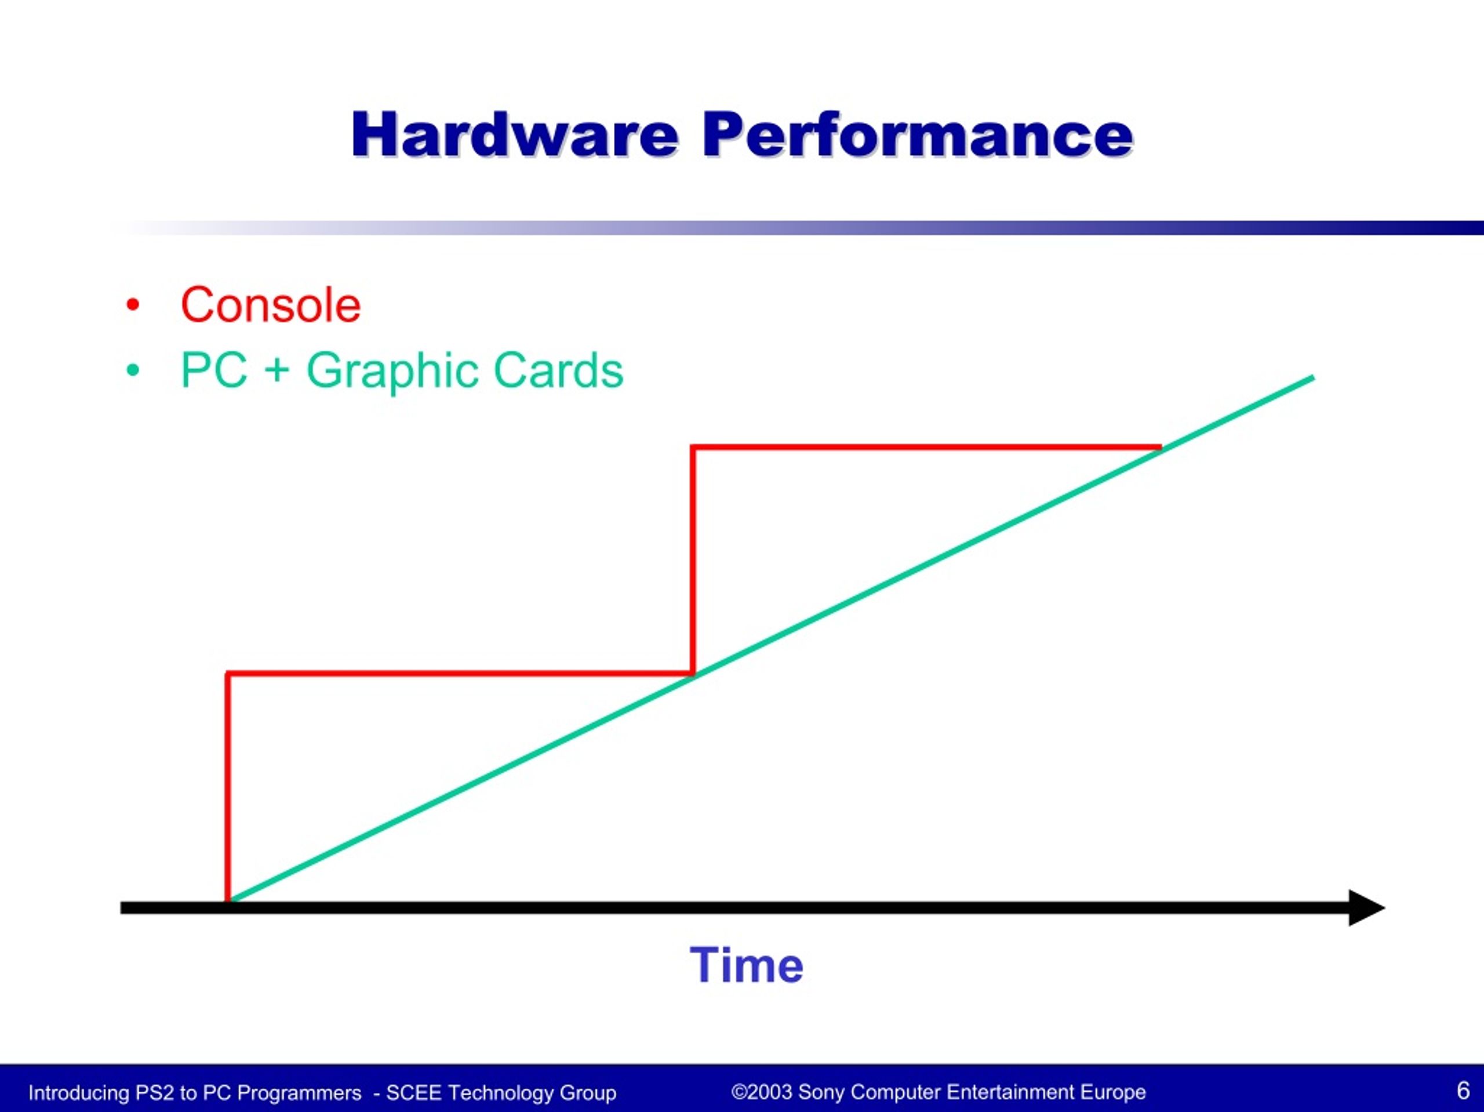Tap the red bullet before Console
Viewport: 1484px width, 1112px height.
point(133,306)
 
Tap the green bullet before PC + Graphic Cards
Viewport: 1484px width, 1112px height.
point(133,370)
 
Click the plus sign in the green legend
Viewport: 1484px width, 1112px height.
point(277,371)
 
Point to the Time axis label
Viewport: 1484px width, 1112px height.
point(747,966)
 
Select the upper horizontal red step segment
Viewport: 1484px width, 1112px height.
point(926,447)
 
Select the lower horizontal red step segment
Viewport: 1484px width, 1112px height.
point(460,673)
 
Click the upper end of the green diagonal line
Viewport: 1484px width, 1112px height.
point(1313,378)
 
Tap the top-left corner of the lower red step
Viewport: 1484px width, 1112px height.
point(228,673)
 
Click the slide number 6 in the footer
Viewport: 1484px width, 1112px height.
point(1463,1090)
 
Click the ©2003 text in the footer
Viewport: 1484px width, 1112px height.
point(762,1092)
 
